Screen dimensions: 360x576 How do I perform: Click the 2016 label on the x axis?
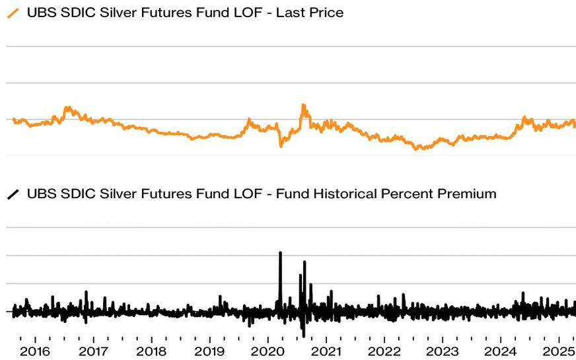35,351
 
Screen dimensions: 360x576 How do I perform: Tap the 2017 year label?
93,351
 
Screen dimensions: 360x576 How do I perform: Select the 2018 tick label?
151,351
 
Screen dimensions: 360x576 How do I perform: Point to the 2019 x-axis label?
209,351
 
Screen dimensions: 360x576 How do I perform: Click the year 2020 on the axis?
268,351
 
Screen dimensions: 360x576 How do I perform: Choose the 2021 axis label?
326,351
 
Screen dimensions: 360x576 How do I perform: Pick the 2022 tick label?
384,351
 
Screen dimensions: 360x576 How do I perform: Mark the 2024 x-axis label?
500,351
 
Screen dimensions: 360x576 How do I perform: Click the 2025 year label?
558,351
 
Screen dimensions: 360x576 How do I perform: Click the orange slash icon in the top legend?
13,13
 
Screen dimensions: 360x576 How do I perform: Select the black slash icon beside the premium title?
13,194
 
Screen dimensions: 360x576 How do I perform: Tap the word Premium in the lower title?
466,194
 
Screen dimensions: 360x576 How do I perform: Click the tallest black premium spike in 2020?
280,254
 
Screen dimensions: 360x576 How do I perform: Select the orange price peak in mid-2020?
303,105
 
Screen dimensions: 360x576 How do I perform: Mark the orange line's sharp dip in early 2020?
281,145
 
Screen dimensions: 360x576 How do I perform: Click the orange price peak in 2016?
66,107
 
